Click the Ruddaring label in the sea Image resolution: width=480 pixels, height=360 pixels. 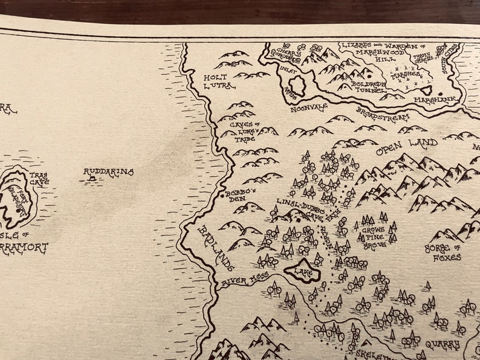point(108,172)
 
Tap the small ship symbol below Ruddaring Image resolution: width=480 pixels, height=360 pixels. point(91,179)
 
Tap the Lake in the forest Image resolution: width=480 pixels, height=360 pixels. point(302,271)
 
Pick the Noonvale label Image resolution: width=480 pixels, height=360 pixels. point(308,108)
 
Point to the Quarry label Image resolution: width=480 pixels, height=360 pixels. point(439,346)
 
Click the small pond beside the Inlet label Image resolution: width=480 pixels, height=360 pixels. point(298,86)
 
